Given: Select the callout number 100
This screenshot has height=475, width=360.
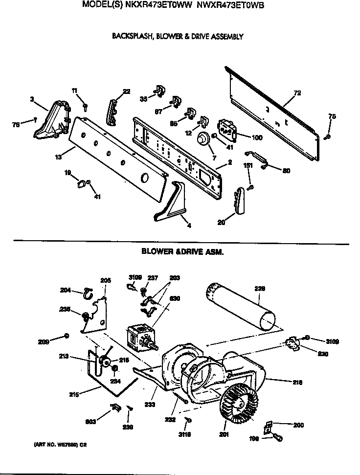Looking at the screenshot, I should click(256, 138).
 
